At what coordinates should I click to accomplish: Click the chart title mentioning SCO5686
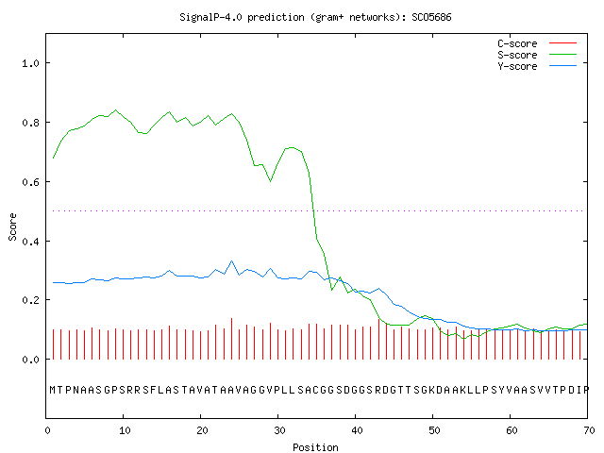pos(315,17)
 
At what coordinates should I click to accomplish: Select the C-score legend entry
pos(537,43)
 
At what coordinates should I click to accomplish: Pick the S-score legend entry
pos(537,55)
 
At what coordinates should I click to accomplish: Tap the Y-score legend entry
pos(537,66)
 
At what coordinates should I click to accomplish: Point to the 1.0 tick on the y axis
pos(30,63)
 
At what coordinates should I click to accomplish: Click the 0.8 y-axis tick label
pos(30,123)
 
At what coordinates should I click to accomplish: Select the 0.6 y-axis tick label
pos(30,182)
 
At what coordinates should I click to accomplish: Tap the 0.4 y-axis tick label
pos(30,242)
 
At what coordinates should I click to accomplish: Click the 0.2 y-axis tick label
pos(30,300)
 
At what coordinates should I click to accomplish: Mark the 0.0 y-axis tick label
pos(30,360)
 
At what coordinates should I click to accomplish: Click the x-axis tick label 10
pos(125,430)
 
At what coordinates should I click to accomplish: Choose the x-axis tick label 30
pos(279,430)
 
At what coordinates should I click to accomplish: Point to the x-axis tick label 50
pos(434,430)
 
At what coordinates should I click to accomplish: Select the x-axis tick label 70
pos(589,430)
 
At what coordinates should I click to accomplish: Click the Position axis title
pos(315,447)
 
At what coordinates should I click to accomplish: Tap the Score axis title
pos(12,226)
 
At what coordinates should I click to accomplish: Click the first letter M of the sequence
pos(53,390)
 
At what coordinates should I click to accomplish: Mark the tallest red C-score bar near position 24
pos(231,339)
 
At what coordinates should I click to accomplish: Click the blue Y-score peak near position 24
pos(231,261)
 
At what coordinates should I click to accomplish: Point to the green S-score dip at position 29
pos(271,180)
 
